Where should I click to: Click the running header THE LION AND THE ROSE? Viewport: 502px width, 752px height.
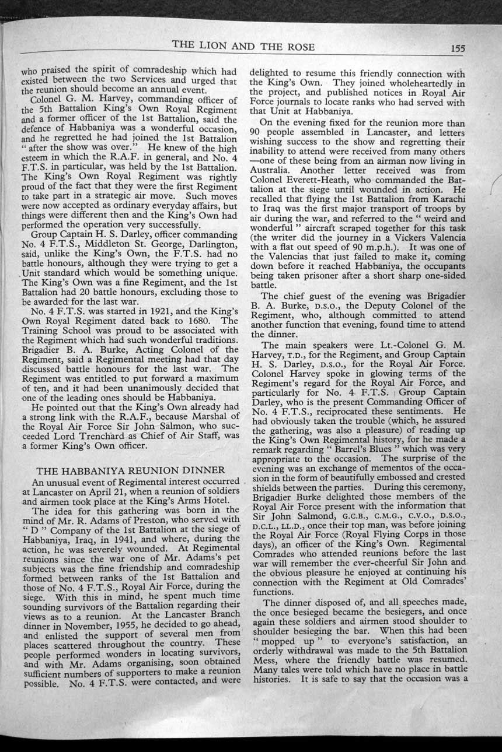[243, 47]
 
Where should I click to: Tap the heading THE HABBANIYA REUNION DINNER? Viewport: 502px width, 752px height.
[131, 470]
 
